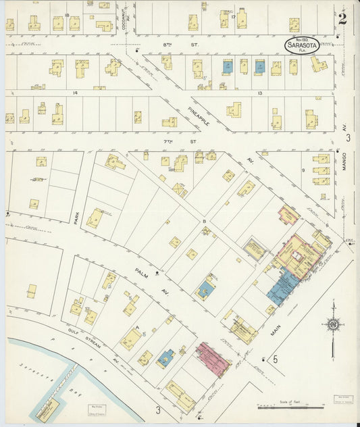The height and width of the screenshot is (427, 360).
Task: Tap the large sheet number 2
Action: tap(342, 18)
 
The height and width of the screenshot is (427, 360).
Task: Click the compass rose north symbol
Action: tap(332, 326)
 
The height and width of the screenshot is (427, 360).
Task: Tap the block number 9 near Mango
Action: tap(304, 171)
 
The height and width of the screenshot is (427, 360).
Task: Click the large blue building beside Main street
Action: tap(282, 287)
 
